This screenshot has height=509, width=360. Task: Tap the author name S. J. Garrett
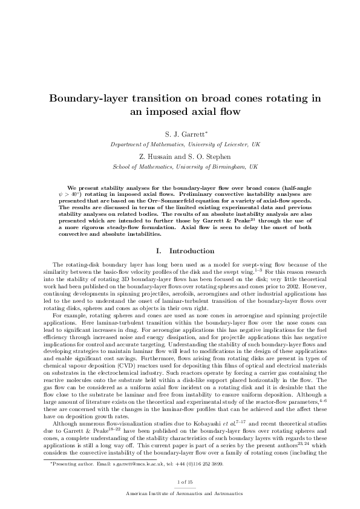click(178, 136)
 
